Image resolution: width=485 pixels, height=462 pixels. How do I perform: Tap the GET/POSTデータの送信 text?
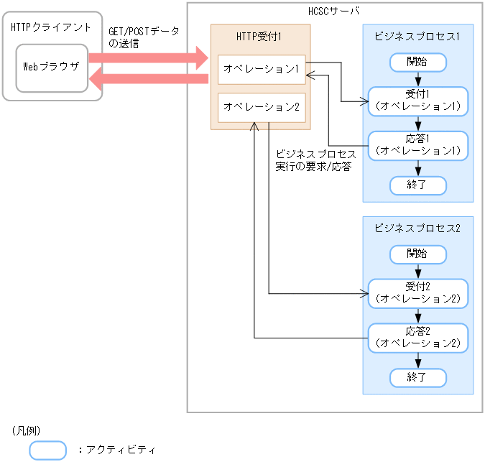pos(143,37)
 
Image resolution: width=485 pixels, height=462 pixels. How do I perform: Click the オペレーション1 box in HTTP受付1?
pos(262,69)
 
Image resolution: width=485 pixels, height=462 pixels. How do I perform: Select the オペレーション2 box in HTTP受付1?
pos(262,107)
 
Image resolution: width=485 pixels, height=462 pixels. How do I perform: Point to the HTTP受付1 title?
pos(260,36)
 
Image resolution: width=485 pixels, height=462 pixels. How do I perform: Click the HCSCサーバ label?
pos(334,11)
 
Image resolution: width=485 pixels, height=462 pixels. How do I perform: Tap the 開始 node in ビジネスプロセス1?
pos(418,62)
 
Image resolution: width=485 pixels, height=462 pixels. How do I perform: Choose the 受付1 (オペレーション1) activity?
pos(418,101)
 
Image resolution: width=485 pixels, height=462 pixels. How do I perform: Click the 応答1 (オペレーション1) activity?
pos(418,145)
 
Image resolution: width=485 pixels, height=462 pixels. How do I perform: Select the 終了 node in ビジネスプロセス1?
pos(418,185)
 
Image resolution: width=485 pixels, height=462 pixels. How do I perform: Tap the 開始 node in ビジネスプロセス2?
pos(418,254)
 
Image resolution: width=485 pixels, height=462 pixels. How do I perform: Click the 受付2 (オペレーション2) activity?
pos(418,293)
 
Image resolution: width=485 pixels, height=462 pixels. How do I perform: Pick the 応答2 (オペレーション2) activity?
pos(418,337)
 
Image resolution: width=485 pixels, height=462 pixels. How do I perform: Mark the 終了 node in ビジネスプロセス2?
pos(418,376)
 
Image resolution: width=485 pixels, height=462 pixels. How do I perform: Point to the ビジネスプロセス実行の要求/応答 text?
pos(315,161)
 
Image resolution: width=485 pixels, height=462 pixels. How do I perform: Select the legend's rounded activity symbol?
pos(48,450)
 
